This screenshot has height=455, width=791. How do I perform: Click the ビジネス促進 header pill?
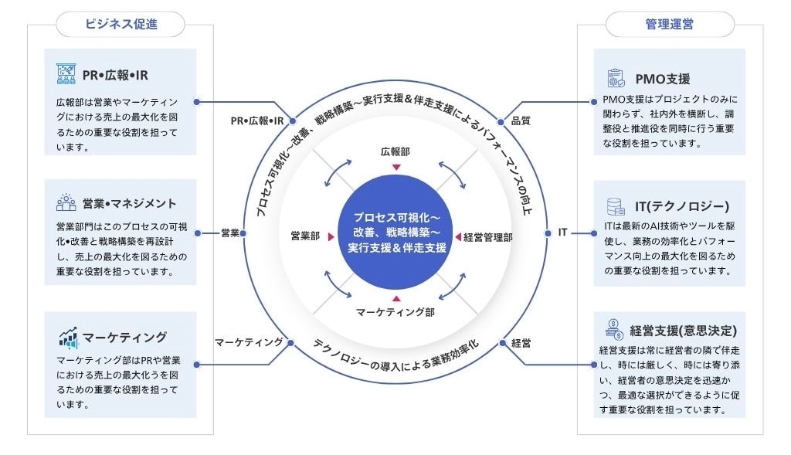click(x=121, y=24)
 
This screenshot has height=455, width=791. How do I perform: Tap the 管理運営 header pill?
click(x=669, y=24)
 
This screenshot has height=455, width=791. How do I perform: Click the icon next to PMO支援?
click(x=616, y=78)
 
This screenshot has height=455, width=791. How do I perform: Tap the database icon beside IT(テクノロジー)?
click(x=616, y=206)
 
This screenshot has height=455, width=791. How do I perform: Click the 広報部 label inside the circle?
click(x=395, y=151)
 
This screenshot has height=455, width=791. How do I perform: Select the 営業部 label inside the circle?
click(x=305, y=236)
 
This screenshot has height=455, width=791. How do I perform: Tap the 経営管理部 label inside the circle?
click(x=488, y=237)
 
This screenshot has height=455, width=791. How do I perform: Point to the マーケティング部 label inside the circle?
click(x=395, y=312)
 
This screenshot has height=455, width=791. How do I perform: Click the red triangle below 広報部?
click(x=396, y=167)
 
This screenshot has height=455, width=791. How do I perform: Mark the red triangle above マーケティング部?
click(x=396, y=298)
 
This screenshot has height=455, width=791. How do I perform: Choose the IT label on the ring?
click(x=563, y=233)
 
